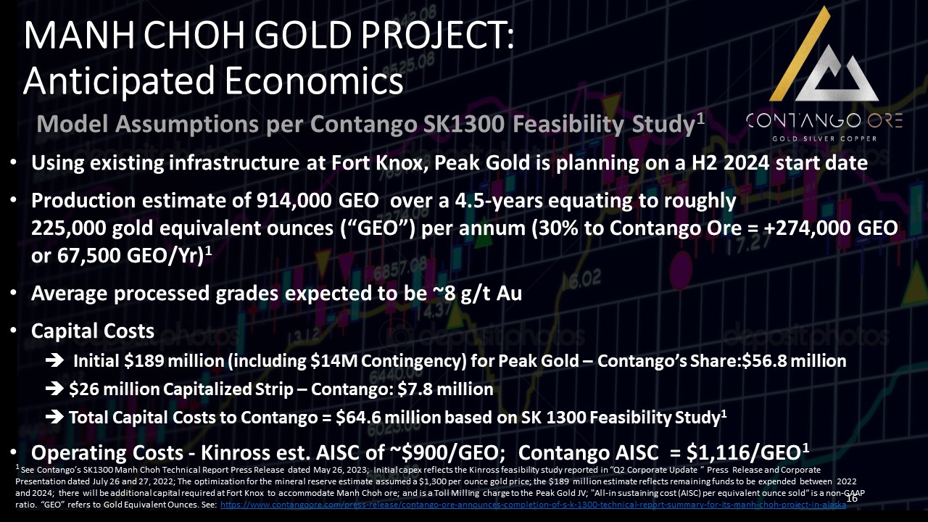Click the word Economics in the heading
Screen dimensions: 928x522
(x=314, y=80)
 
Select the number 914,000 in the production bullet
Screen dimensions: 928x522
(x=294, y=201)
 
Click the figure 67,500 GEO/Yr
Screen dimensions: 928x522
(x=130, y=256)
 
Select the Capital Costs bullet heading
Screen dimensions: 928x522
(x=92, y=331)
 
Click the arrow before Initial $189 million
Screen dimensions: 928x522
(x=54, y=361)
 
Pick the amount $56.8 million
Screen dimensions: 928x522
(x=794, y=361)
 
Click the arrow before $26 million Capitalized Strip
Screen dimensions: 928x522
(x=54, y=389)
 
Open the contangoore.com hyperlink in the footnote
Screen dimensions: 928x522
(x=533, y=505)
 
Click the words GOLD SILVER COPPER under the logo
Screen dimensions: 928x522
(x=824, y=138)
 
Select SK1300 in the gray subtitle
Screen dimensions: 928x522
(x=463, y=124)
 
